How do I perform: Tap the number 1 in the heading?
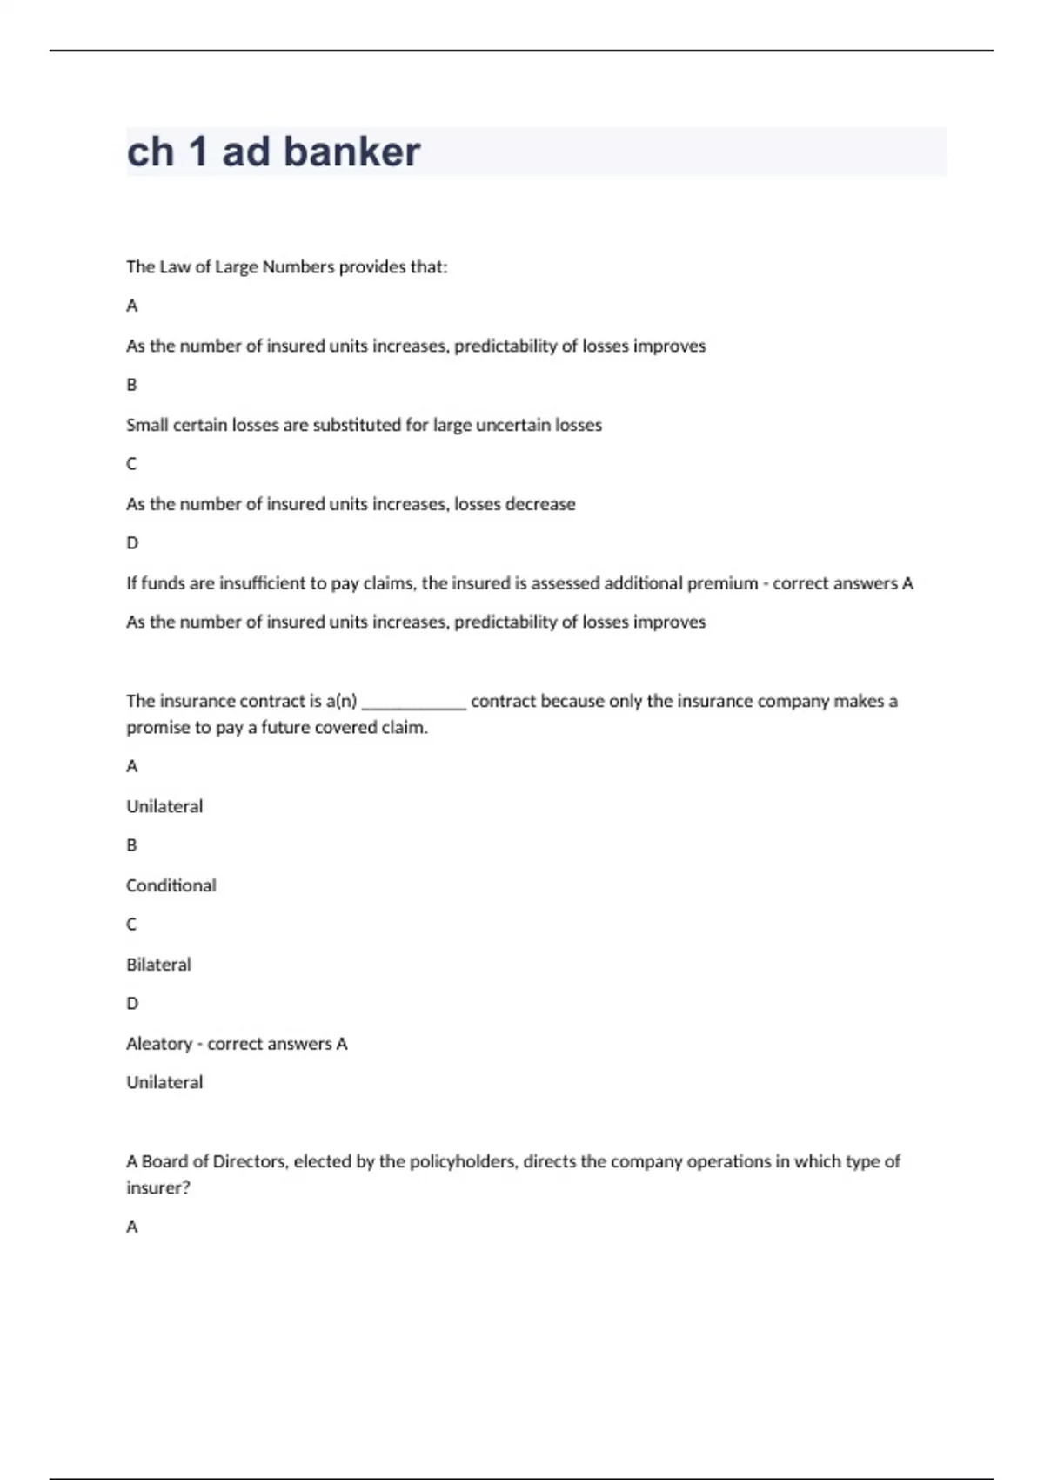(197, 151)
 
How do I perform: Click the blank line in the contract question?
(414, 702)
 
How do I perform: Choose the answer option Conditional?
(171, 885)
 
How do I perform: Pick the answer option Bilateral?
(158, 965)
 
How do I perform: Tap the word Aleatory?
(159, 1043)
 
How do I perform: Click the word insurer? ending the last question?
(157, 1187)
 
